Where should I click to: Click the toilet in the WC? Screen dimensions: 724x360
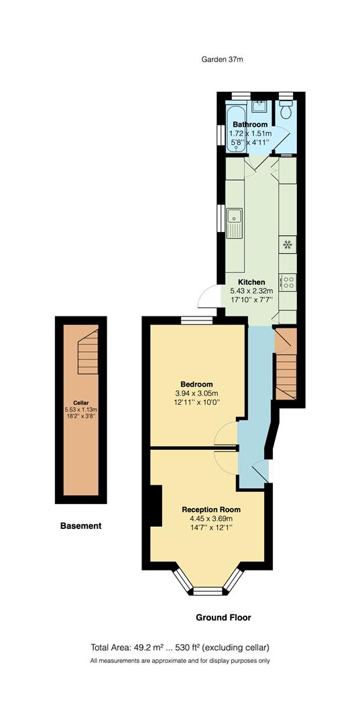[x=286, y=111]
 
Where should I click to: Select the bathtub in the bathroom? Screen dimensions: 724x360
[x=235, y=127]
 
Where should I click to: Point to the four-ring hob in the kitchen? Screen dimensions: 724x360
[x=289, y=283]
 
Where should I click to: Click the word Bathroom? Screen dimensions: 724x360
[x=250, y=125]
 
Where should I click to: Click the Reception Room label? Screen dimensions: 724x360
[x=211, y=509]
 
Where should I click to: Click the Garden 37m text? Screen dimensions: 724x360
[x=222, y=59]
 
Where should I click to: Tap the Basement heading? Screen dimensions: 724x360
[x=81, y=526]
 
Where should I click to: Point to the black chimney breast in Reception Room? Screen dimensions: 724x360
[x=155, y=506]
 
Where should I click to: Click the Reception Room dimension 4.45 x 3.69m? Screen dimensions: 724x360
[x=211, y=518]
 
